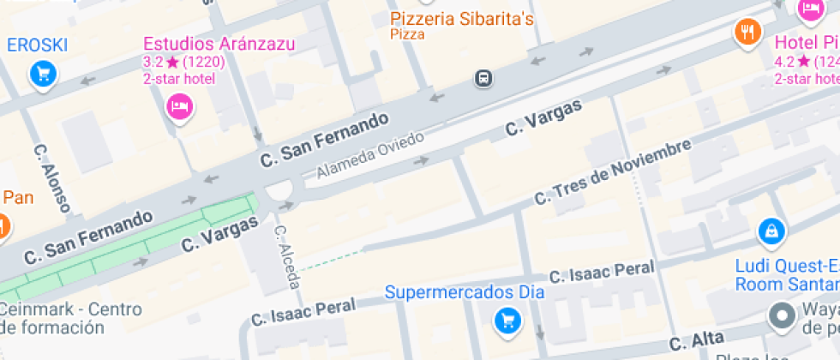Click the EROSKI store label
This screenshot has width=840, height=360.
point(37,45)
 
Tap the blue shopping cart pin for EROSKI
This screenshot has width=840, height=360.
point(42,75)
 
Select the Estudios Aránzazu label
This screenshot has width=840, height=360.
point(219,44)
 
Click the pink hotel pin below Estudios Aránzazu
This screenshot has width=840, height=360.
point(180,106)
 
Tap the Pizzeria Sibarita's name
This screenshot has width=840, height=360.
point(462,18)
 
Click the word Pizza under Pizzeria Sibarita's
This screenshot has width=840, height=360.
point(407,34)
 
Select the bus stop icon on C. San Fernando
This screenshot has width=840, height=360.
point(484,79)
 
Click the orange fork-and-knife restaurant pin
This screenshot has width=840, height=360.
point(748,33)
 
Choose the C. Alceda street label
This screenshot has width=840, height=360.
point(285,256)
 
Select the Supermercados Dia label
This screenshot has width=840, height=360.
point(465,292)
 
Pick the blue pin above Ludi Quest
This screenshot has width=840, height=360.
point(771,230)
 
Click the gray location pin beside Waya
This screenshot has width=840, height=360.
point(781,316)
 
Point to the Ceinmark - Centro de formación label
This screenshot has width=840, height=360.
point(64,318)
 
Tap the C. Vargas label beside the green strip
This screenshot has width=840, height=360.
point(220,234)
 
